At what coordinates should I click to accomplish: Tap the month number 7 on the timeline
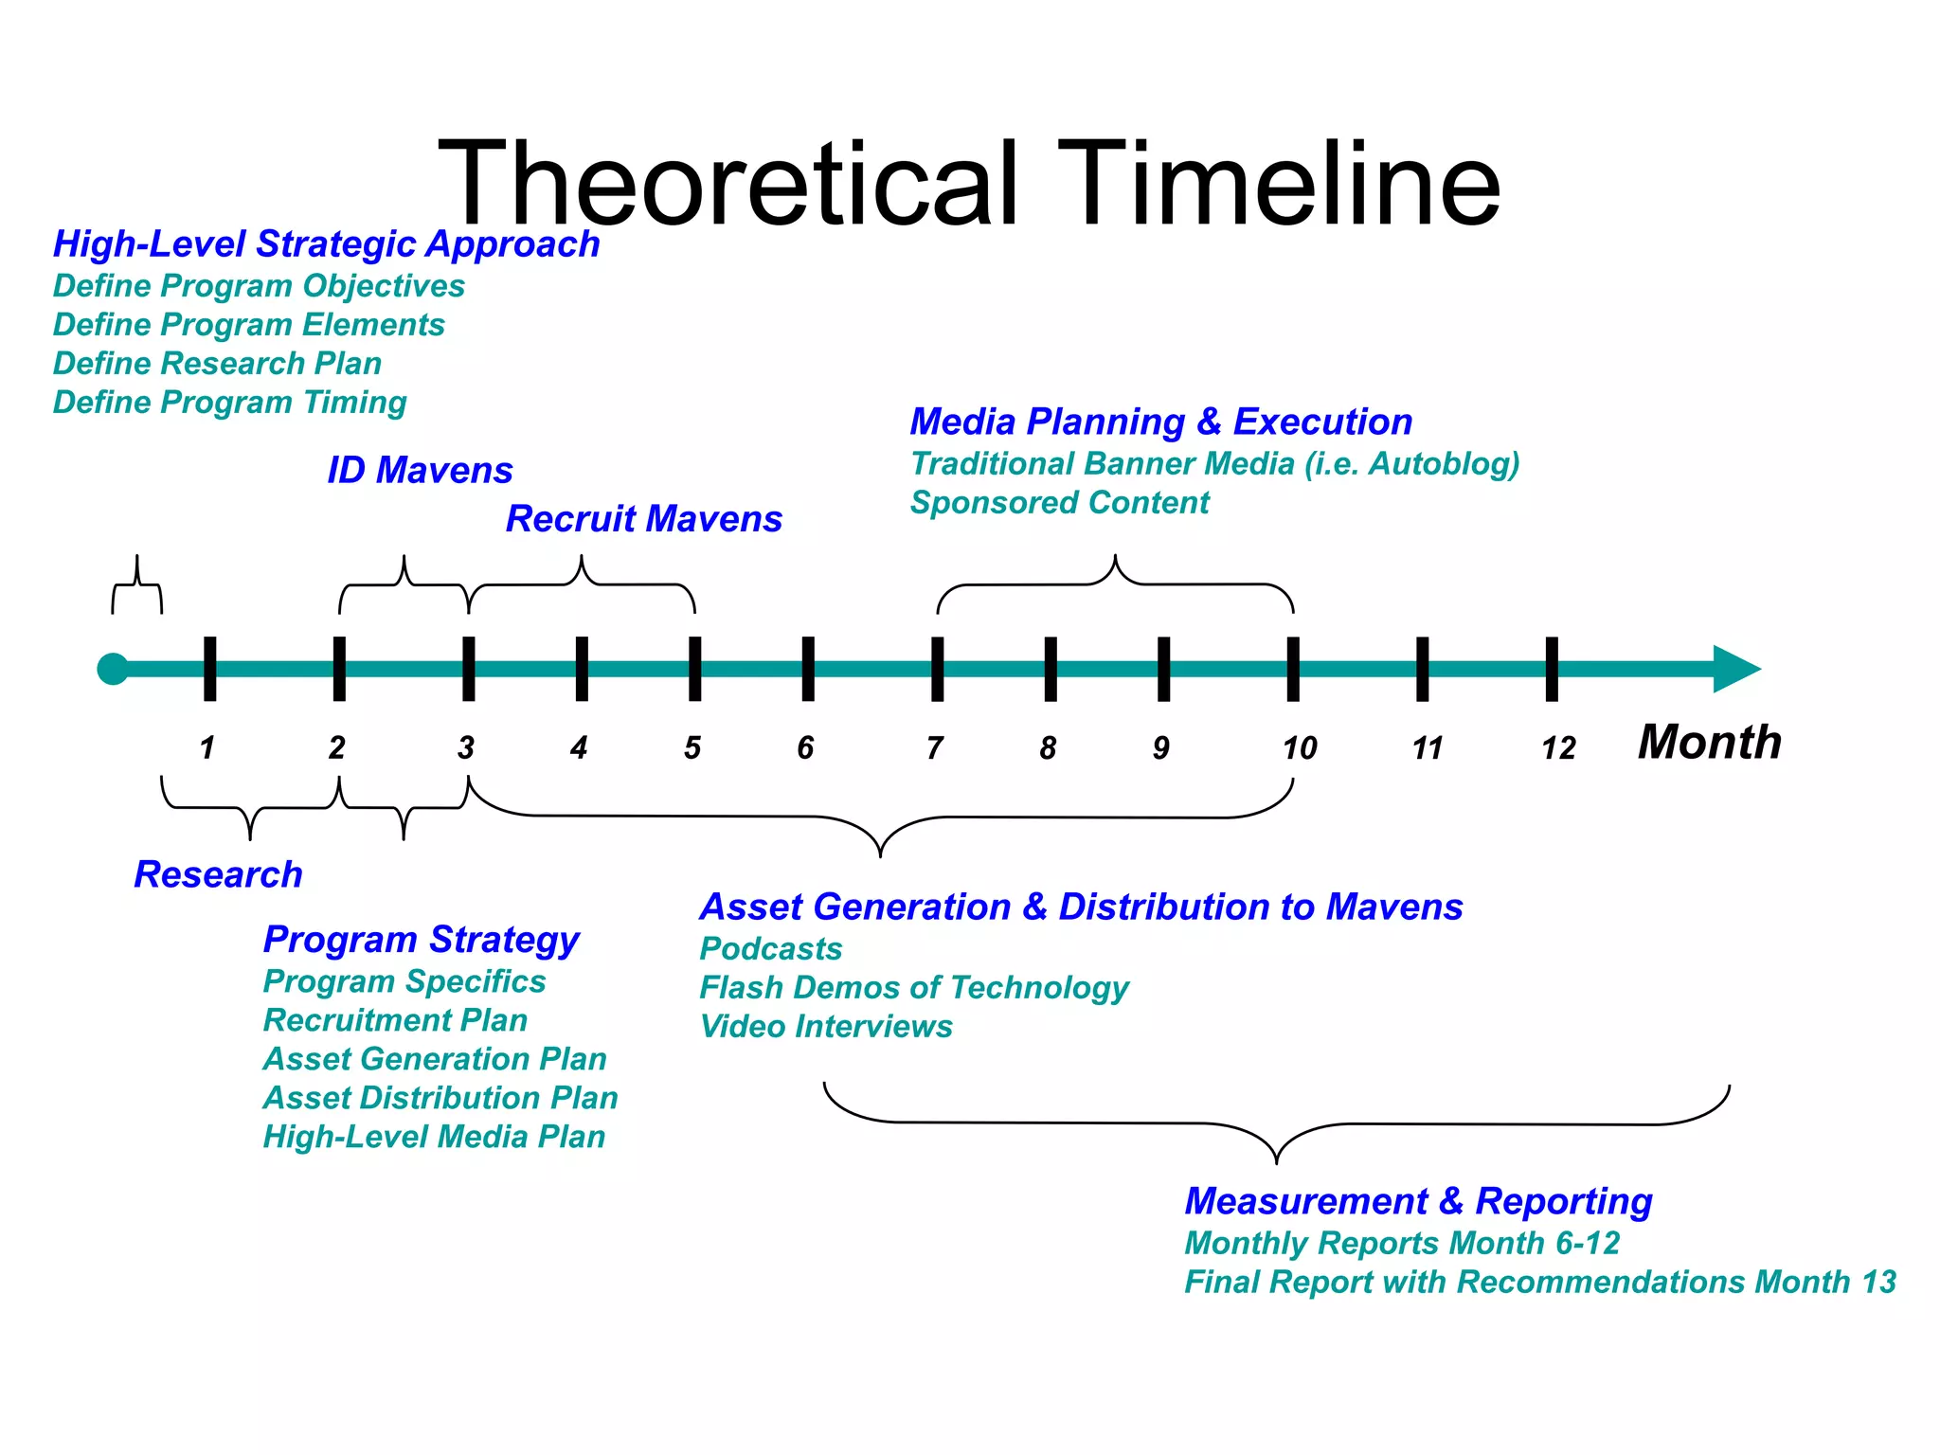tap(935, 748)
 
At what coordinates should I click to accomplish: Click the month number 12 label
tap(1557, 749)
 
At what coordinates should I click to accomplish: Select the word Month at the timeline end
tap(1709, 742)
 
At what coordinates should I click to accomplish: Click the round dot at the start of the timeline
tap(113, 669)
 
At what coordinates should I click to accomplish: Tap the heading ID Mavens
tap(420, 471)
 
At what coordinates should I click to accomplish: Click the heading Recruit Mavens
tap(643, 519)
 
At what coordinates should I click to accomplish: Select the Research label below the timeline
tap(218, 874)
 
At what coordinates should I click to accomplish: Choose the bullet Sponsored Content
tap(1059, 502)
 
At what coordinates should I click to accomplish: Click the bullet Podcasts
tap(770, 949)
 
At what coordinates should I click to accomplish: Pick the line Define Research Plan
tap(217, 364)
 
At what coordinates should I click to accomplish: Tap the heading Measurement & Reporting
tap(1418, 1201)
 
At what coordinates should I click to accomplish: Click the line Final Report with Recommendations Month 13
tap(1539, 1282)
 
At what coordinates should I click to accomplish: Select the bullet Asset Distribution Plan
tap(440, 1098)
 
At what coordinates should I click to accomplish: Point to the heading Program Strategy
tap(421, 940)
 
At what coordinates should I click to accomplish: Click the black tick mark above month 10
tap(1293, 669)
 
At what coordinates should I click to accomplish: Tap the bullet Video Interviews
tap(825, 1027)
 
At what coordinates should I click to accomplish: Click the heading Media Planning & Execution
tap(1160, 422)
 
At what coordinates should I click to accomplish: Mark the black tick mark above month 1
tap(209, 669)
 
